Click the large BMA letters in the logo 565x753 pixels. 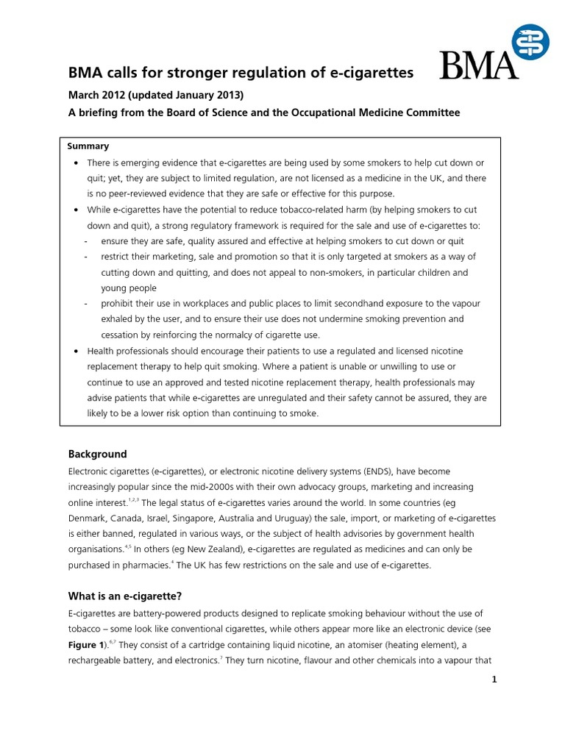pyautogui.click(x=478, y=65)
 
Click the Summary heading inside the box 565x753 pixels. pyautogui.click(x=88, y=146)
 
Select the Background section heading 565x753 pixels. pyautogui.click(x=98, y=454)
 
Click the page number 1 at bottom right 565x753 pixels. pyautogui.click(x=495, y=679)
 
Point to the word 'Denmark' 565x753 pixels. pyautogui.click(x=89, y=518)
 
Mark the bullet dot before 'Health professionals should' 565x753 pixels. pyautogui.click(x=78, y=351)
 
